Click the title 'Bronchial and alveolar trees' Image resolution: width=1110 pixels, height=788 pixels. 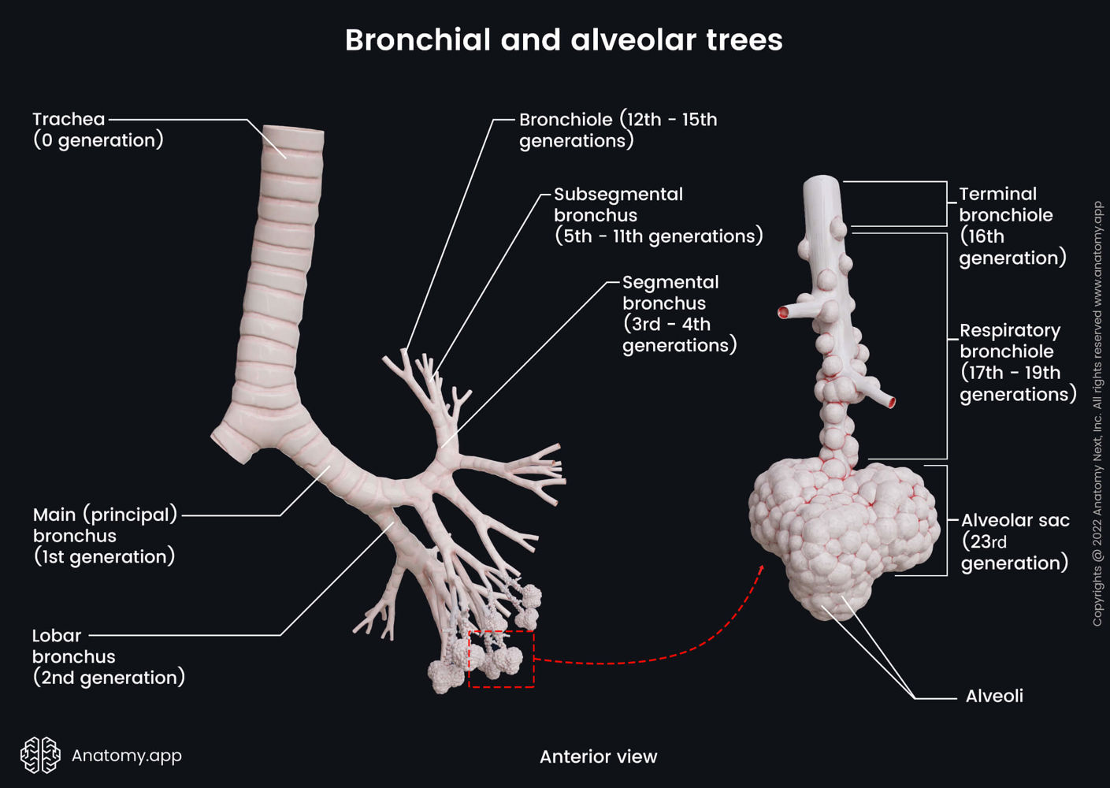tap(563, 40)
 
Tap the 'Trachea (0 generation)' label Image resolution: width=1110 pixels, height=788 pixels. tap(98, 130)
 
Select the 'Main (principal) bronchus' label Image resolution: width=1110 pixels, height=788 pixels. tap(105, 536)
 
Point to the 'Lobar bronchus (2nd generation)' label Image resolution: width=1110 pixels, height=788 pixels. tap(108, 656)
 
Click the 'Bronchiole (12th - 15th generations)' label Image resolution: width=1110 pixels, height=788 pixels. tap(618, 130)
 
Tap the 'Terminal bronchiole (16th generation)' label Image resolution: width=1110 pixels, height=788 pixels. tap(1012, 226)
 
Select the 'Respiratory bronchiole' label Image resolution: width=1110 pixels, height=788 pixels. tap(1017, 362)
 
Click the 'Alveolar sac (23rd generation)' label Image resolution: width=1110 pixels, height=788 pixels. tap(1015, 541)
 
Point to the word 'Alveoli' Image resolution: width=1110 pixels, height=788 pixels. tap(994, 697)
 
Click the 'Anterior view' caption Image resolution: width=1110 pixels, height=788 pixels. tap(598, 757)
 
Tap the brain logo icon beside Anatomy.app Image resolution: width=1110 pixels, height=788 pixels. tap(40, 755)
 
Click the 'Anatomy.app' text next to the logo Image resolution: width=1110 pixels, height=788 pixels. tap(126, 756)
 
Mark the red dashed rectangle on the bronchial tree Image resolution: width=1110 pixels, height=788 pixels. tap(502, 659)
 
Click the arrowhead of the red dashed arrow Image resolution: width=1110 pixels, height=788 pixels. tap(761, 567)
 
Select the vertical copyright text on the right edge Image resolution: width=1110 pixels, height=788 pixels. tap(1097, 414)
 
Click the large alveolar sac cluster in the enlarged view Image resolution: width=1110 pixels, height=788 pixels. tap(843, 536)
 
